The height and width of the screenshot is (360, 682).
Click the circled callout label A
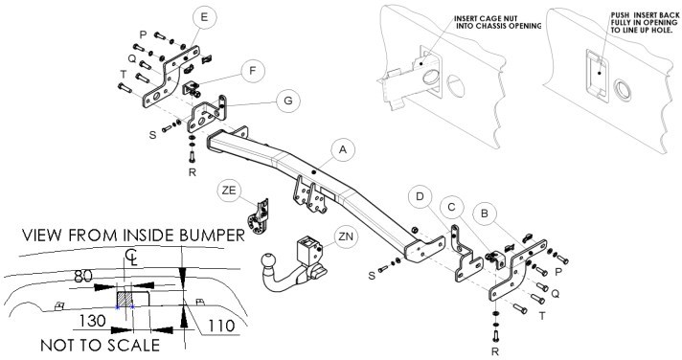click(x=343, y=150)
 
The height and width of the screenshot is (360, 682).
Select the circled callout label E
click(x=204, y=18)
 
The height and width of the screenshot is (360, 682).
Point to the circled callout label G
click(x=288, y=101)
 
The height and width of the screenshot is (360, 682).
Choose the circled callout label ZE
click(x=229, y=191)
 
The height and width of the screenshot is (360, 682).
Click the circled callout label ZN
click(x=346, y=237)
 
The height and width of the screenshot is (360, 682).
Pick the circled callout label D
click(x=420, y=196)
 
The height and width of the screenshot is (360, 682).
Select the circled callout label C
click(x=451, y=208)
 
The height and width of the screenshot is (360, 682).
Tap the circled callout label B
click(x=485, y=214)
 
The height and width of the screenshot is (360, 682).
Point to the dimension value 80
click(x=82, y=276)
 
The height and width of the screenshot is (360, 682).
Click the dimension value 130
click(x=92, y=321)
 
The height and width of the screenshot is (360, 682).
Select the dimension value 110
click(x=221, y=326)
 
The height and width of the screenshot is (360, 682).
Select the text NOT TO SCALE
click(x=100, y=346)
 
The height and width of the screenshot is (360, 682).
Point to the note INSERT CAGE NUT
click(x=486, y=19)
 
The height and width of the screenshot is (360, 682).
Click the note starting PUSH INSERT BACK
click(x=645, y=23)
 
